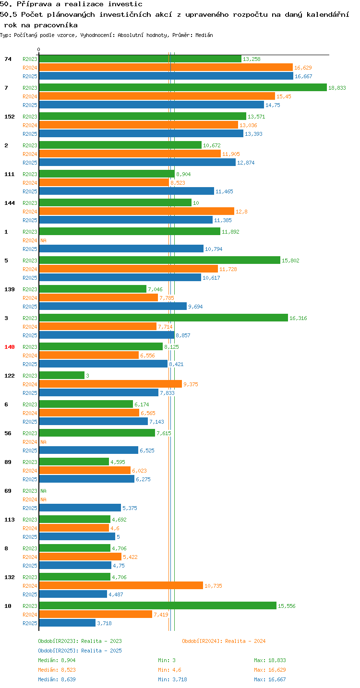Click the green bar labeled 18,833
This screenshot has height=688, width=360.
click(183, 87)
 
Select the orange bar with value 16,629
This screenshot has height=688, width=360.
click(166, 67)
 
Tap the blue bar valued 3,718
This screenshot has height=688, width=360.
click(67, 623)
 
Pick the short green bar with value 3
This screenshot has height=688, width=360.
click(62, 375)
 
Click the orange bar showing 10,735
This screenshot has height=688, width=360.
click(121, 585)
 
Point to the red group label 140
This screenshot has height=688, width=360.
click(10, 347)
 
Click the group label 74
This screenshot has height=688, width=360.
click(8, 59)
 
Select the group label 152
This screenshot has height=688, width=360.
click(10, 117)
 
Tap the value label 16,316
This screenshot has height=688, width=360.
click(298, 318)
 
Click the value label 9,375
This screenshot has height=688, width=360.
click(191, 384)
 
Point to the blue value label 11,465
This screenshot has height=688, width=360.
click(224, 191)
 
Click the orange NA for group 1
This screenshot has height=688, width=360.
click(43, 240)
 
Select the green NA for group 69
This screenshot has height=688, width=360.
click(43, 491)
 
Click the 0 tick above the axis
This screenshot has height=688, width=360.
click(38, 49)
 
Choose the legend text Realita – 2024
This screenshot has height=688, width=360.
click(245, 641)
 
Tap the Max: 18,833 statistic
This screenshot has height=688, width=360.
click(270, 660)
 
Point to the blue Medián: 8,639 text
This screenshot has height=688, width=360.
click(57, 679)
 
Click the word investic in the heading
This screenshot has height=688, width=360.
click(125, 4)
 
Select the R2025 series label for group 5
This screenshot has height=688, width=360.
click(30, 278)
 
